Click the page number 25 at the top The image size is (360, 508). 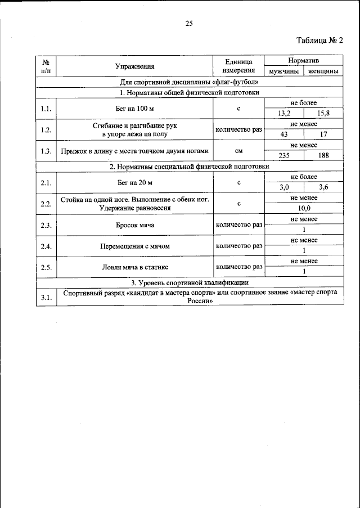189,23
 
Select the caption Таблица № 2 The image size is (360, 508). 319,40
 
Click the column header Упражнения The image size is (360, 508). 134,66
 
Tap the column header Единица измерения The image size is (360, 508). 238,66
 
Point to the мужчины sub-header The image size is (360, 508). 283,71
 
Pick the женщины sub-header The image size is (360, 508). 322,71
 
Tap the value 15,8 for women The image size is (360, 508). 323,113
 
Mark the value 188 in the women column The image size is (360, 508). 323,156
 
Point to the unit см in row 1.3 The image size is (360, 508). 238,151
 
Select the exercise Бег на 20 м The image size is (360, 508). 134,182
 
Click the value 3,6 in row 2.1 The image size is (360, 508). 323,187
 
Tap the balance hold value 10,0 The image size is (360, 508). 304,208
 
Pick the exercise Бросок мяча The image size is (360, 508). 134,225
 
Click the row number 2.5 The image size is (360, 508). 46,267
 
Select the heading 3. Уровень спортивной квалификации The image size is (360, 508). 189,282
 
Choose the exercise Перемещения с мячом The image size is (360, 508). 134,246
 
